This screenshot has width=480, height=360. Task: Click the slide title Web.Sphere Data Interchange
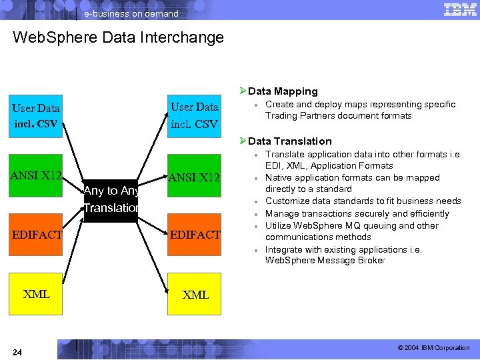point(118,37)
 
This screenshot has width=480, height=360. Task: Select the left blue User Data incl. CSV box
point(36,115)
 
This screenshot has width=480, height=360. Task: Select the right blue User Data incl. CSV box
point(194,115)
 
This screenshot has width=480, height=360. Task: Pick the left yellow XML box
point(36,294)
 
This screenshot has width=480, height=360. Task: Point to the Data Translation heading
point(289,141)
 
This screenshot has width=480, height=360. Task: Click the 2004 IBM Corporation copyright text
point(433,348)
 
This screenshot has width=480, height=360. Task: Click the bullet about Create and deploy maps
point(360,110)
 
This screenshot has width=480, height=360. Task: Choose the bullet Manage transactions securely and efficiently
point(357,214)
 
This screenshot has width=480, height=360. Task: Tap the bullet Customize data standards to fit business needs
point(363,201)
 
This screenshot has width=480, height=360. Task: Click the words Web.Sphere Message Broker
point(325,261)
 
